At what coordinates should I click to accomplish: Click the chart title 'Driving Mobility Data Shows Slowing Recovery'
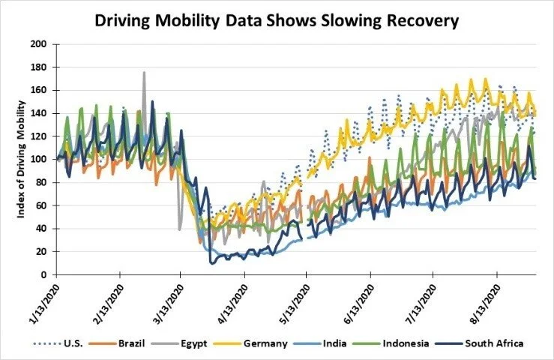276,20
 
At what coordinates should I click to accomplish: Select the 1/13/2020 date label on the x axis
43,299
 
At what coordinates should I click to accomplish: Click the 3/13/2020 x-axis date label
167,299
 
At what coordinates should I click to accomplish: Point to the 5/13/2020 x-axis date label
293,299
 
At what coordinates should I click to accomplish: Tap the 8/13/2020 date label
484,299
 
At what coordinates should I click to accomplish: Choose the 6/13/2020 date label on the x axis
358,299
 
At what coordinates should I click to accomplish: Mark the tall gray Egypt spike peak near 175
144,73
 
